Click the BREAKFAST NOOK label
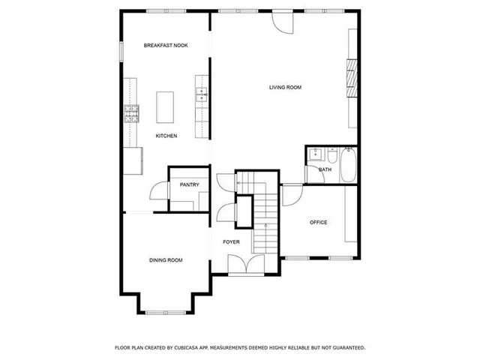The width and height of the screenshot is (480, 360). [x=166, y=46]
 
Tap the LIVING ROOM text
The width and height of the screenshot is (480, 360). [x=285, y=88]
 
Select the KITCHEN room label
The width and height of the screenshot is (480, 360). [x=166, y=136]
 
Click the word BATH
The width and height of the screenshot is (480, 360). [x=325, y=169]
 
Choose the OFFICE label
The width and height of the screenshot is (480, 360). [x=319, y=223]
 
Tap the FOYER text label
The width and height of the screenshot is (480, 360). [x=231, y=241]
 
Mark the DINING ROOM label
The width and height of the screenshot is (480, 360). [x=166, y=260]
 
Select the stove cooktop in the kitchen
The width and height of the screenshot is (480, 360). [x=132, y=113]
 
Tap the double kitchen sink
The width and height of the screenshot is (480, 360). [x=201, y=94]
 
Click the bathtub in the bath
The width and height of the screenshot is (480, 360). [x=349, y=165]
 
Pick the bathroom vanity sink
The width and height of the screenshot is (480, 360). [x=314, y=156]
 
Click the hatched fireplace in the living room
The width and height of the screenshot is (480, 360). [x=349, y=75]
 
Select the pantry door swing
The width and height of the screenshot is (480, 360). [x=159, y=191]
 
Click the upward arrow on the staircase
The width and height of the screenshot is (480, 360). [x=265, y=225]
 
